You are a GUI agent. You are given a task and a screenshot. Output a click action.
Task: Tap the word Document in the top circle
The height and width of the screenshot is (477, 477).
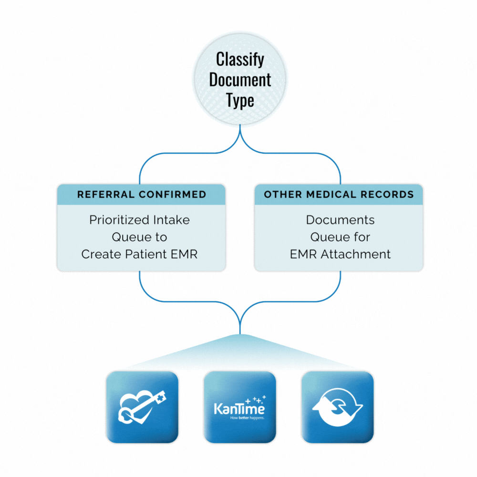click(x=240, y=80)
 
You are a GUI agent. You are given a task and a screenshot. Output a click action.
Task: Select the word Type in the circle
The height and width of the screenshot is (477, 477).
click(x=240, y=101)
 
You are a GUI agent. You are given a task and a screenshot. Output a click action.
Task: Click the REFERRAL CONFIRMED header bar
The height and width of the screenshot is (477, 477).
click(x=141, y=195)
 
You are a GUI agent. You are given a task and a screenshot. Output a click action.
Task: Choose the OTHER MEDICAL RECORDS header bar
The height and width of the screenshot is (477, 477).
click(x=339, y=195)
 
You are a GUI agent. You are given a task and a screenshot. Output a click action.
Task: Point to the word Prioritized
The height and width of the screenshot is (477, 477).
click(x=120, y=220)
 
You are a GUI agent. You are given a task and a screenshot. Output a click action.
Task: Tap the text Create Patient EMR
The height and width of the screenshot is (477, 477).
click(x=139, y=254)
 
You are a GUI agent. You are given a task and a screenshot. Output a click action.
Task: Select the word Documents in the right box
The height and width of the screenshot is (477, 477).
click(x=340, y=220)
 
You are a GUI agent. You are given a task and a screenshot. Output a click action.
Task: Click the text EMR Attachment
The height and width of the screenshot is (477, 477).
click(x=340, y=254)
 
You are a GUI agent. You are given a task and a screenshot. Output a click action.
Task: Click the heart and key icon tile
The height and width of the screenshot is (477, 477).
click(x=142, y=407)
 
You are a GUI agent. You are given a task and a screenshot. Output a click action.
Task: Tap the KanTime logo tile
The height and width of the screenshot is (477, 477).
click(x=240, y=407)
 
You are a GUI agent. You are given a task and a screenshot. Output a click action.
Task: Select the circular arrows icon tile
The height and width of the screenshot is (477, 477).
click(x=338, y=407)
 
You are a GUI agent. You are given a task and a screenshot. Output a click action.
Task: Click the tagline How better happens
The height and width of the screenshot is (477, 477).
click(x=240, y=418)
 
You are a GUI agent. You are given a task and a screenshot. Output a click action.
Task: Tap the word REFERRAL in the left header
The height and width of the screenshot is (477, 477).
click(x=106, y=195)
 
